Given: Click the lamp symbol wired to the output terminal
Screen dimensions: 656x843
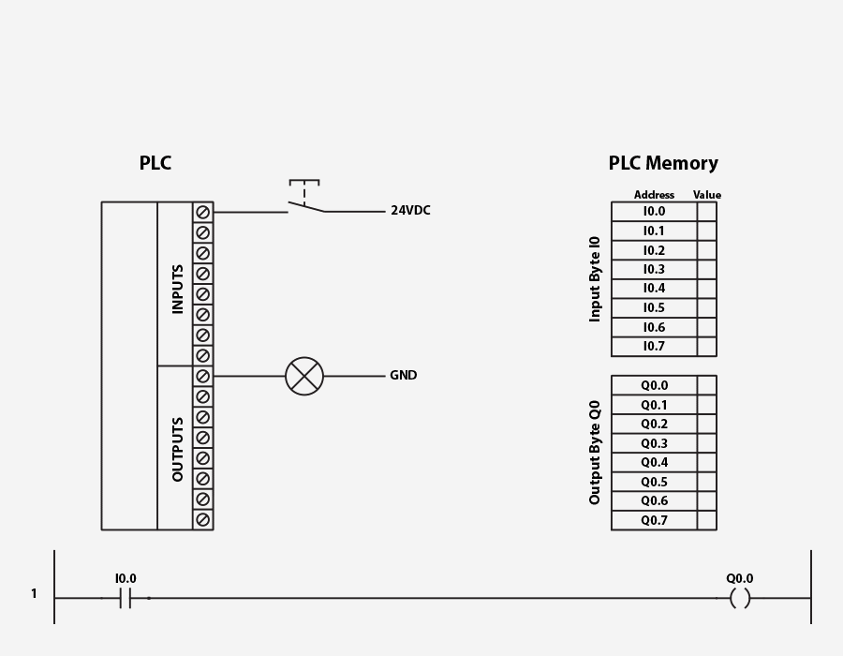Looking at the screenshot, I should tap(304, 376).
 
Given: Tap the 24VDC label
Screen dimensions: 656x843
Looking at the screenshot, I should tap(410, 211).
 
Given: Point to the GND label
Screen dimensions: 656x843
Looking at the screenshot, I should tap(404, 376).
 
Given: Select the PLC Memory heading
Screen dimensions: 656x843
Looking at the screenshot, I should tap(663, 163).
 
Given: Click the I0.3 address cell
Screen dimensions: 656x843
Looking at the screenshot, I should tap(654, 270).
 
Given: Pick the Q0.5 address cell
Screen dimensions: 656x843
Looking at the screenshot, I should tap(654, 483).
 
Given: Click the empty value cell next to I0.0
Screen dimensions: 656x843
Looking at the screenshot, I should tap(707, 212).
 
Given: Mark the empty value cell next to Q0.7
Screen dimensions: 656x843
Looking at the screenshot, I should tap(707, 521).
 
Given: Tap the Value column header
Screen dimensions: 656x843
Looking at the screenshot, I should tap(707, 195).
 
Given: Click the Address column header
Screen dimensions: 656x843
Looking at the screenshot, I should tap(654, 195).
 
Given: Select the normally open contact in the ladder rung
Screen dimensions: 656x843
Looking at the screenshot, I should tap(126, 598).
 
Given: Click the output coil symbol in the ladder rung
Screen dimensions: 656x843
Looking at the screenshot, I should tap(740, 598).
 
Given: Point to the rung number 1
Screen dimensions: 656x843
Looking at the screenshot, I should tap(34, 594).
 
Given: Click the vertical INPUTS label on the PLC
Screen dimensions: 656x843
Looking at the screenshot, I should tap(178, 289).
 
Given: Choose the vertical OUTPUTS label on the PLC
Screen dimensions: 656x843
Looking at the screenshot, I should tap(178, 449).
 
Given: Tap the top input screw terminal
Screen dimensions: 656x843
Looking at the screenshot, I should tap(203, 213).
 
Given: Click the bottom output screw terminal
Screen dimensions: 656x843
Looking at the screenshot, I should tap(203, 519).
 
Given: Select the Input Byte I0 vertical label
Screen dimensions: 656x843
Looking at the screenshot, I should tap(595, 279).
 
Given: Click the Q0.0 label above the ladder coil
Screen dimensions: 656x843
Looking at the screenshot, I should tap(740, 579).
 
